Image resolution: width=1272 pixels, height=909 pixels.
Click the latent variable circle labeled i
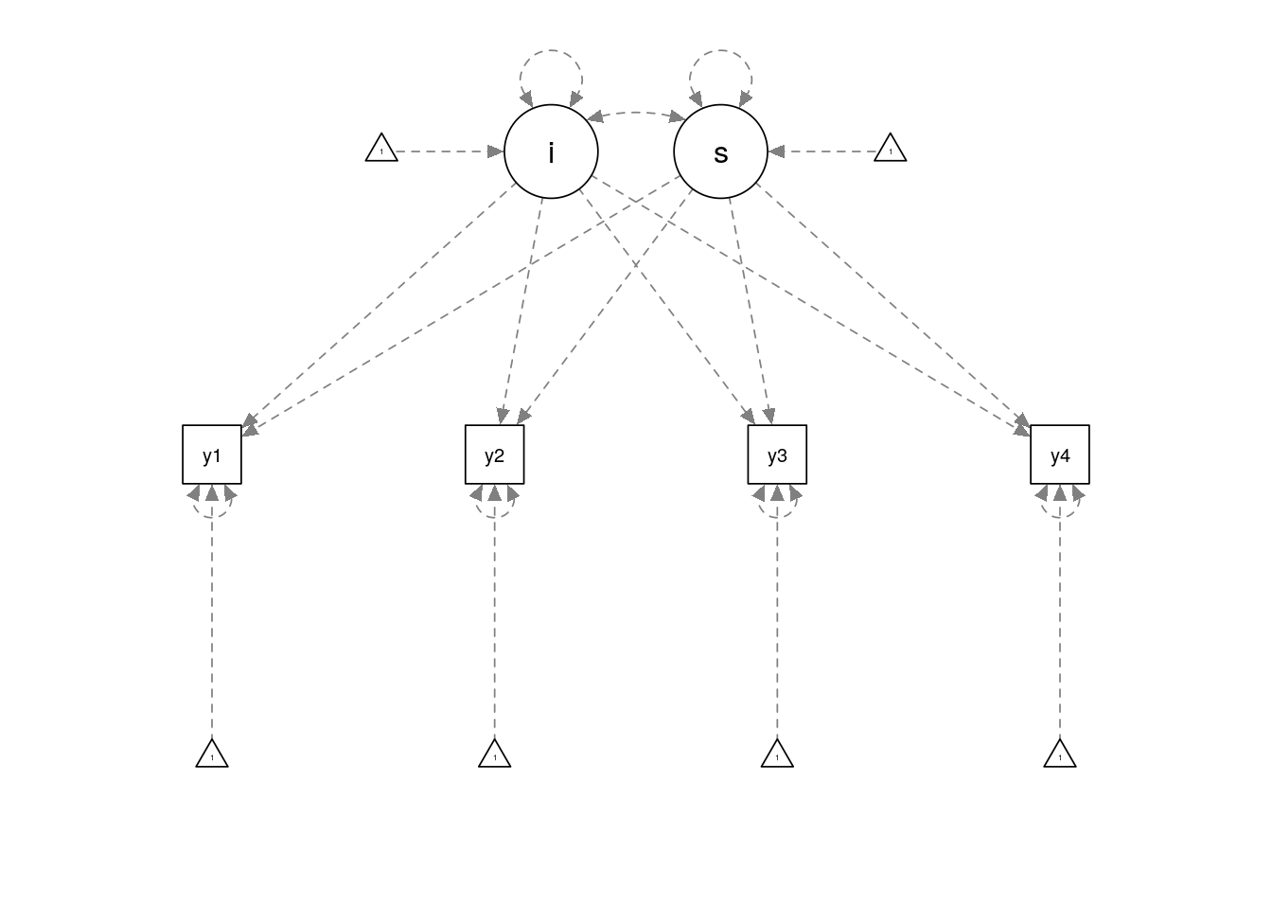pos(551,151)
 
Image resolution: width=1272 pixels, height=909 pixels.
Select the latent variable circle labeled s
pos(720,151)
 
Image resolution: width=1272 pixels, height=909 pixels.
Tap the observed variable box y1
pos(212,454)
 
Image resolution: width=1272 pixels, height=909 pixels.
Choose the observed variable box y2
pos(494,454)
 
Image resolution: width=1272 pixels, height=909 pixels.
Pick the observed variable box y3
pos(777,454)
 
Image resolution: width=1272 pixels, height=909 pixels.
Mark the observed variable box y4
pos(1060,454)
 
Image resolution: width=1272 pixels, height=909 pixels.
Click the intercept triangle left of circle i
pos(381,149)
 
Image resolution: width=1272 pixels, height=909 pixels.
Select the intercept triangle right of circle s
pos(890,149)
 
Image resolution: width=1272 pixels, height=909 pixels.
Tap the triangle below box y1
pos(212,755)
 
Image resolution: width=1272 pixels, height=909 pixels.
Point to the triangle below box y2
pos(494,755)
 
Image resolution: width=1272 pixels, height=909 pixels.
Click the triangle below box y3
pos(777,755)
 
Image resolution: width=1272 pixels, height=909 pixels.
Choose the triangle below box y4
pos(1060,755)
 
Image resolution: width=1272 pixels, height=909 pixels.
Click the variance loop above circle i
pos(551,55)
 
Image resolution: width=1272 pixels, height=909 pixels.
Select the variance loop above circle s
pos(720,55)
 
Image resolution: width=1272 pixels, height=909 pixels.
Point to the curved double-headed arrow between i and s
pos(636,113)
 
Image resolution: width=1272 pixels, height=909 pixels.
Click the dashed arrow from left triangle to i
pos(445,151)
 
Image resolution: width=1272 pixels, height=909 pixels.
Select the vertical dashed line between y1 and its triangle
pos(212,625)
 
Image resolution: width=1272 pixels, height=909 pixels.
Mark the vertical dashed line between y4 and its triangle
pos(1060,625)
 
